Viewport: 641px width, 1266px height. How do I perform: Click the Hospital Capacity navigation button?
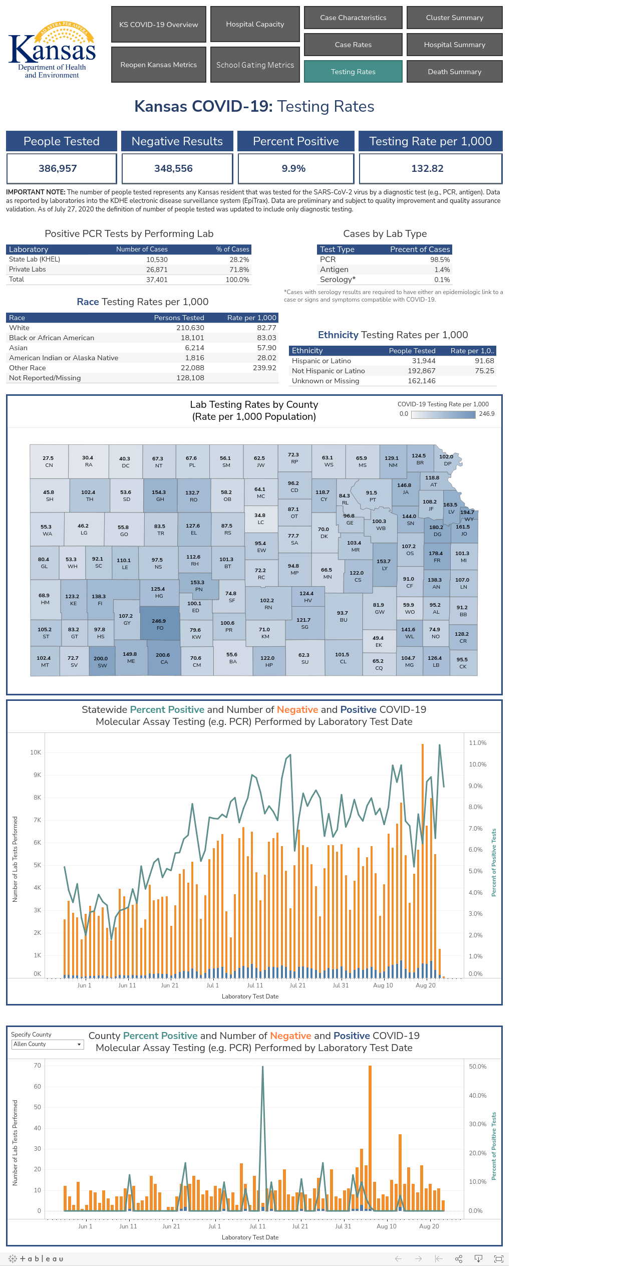pyautogui.click(x=255, y=24)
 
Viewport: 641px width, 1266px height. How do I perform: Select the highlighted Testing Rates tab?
pyautogui.click(x=353, y=72)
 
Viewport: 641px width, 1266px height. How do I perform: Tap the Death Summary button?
pyautogui.click(x=455, y=72)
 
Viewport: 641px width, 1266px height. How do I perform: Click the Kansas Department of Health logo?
pyautogui.click(x=52, y=50)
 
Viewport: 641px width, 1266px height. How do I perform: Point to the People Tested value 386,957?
pyautogui.click(x=58, y=168)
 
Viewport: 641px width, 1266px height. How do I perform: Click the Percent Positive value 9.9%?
pyautogui.click(x=294, y=168)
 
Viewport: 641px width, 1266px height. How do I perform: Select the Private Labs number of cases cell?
pyautogui.click(x=157, y=270)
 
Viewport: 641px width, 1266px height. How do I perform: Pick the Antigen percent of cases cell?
pyautogui.click(x=442, y=270)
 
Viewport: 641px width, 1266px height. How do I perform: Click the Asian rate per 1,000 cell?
pyautogui.click(x=266, y=348)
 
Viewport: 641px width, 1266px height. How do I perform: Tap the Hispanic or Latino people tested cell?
pyautogui.click(x=424, y=361)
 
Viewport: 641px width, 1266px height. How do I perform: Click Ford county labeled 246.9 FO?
pyautogui.click(x=159, y=624)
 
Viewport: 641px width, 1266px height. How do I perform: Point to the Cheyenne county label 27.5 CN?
pyautogui.click(x=49, y=461)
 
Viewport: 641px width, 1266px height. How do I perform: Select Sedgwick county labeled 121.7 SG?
pyautogui.click(x=303, y=623)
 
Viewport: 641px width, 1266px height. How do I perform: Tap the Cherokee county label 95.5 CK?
pyautogui.click(x=463, y=663)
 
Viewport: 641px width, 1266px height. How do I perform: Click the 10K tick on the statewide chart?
pyautogui.click(x=36, y=752)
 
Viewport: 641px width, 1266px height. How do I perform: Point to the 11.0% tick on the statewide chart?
pyautogui.click(x=478, y=743)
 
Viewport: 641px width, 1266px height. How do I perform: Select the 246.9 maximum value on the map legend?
pyautogui.click(x=487, y=414)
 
